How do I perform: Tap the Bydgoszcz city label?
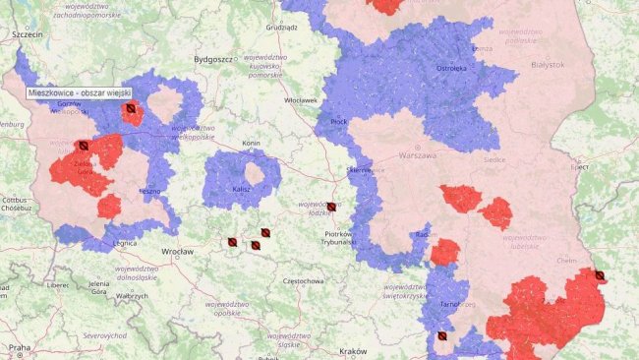point(213,59)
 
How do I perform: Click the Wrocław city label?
point(178,252)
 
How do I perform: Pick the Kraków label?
point(352,351)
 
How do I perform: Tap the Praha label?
point(20,347)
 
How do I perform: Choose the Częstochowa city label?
point(303,281)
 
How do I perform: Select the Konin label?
point(251,143)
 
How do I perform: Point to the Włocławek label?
point(299,100)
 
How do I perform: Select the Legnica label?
point(125,242)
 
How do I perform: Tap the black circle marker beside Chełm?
point(600,275)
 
